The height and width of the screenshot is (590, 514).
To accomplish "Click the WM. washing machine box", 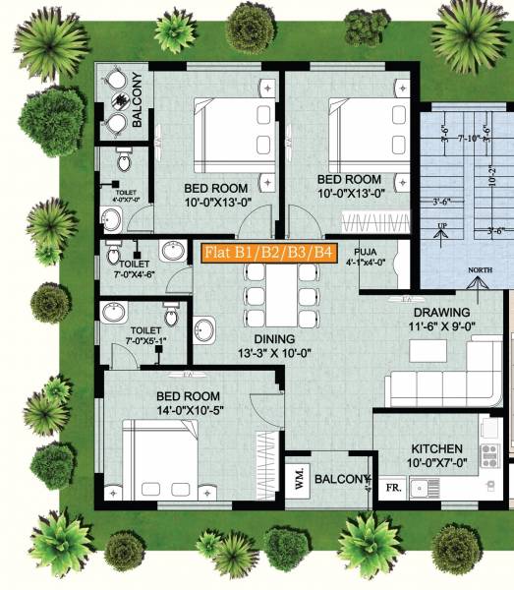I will click(x=299, y=480).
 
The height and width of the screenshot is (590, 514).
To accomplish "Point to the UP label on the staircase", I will click(x=442, y=225).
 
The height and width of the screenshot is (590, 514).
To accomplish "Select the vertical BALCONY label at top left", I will click(x=138, y=99).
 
